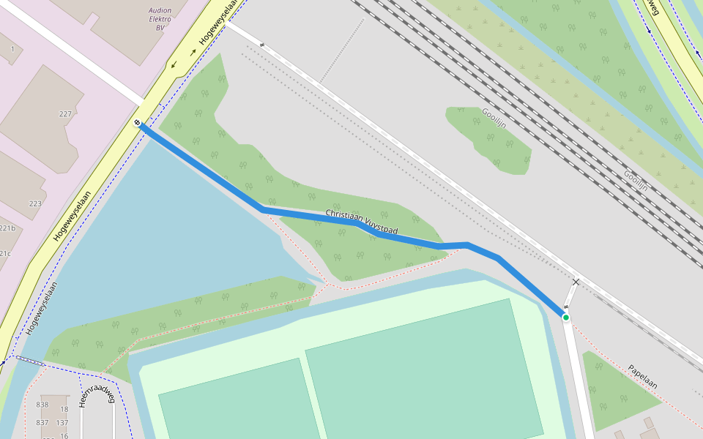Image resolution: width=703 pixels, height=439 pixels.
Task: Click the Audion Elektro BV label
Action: (160, 20)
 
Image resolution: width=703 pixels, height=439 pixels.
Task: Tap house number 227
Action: (66, 114)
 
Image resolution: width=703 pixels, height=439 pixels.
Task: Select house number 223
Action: (35, 203)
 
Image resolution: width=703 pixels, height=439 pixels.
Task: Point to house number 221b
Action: (7, 228)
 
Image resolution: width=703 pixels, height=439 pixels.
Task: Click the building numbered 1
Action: (12, 49)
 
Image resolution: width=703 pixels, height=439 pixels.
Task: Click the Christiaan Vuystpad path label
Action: (361, 222)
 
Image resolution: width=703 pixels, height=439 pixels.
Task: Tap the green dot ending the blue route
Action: (566, 317)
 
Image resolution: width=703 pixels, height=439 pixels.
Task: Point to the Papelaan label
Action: (642, 376)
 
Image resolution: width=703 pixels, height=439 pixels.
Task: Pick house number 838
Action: (42, 405)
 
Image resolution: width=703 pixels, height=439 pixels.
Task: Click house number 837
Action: (42, 423)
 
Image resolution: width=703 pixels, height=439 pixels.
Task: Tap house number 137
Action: (62, 423)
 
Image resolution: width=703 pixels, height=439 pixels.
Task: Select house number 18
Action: (64, 410)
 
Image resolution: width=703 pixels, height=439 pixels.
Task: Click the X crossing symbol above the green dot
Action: (576, 282)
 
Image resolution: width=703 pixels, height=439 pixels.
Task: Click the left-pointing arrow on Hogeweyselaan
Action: (174, 65)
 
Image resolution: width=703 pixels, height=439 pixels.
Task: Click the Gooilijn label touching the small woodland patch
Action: (494, 118)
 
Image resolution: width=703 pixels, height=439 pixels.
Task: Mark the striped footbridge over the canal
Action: (29, 359)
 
